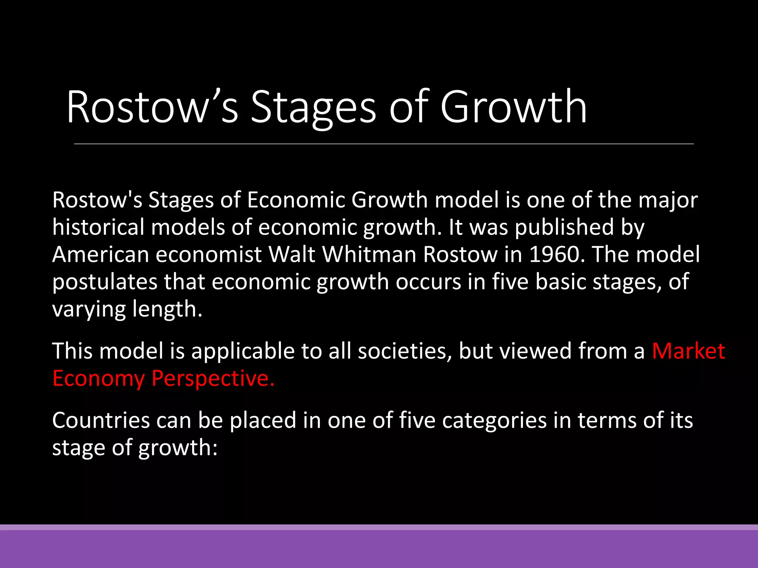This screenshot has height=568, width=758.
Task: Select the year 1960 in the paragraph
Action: (x=557, y=254)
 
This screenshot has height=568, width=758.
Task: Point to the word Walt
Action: (x=291, y=254)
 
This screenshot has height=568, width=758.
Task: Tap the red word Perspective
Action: (x=213, y=378)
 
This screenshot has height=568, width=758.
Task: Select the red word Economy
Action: (x=98, y=378)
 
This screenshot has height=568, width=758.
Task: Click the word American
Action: (x=100, y=254)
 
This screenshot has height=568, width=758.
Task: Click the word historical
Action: (x=98, y=227)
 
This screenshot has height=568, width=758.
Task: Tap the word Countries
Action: (x=101, y=420)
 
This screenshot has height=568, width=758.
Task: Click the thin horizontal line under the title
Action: (x=383, y=144)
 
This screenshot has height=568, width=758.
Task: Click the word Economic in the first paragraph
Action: (x=296, y=200)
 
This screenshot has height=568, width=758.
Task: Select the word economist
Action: (x=209, y=254)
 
